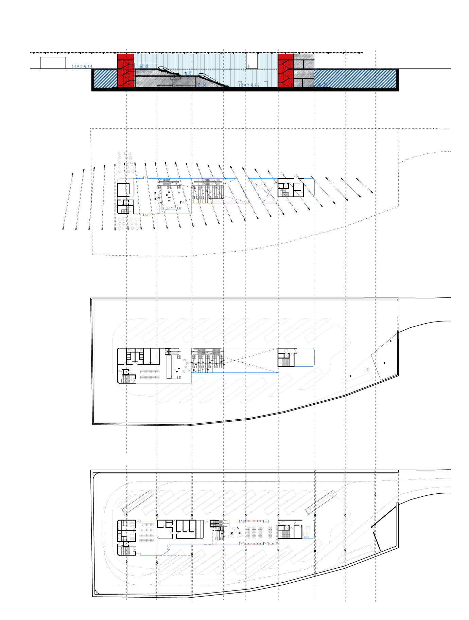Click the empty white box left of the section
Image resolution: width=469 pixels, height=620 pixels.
(x=53, y=63)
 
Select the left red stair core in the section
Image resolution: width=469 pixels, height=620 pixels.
(x=125, y=71)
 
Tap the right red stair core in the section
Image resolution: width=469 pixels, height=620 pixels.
(x=285, y=71)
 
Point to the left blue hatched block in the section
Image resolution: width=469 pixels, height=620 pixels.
(x=105, y=78)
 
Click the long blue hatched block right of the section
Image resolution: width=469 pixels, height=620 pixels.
(x=355, y=78)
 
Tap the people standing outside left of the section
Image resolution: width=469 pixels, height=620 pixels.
(x=82, y=67)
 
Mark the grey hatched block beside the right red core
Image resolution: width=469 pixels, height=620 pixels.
(x=303, y=71)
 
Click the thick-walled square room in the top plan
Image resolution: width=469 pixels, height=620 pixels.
(x=123, y=190)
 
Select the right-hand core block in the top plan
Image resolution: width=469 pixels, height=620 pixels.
(x=291, y=188)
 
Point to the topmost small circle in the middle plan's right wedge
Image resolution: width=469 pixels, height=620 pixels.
(x=390, y=341)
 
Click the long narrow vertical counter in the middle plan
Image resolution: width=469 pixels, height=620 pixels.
(x=169, y=367)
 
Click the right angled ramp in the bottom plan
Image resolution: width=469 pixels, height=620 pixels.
(x=320, y=502)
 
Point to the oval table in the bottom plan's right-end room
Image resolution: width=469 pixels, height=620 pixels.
(x=308, y=528)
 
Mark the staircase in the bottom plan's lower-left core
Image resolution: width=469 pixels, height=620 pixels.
(x=126, y=550)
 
